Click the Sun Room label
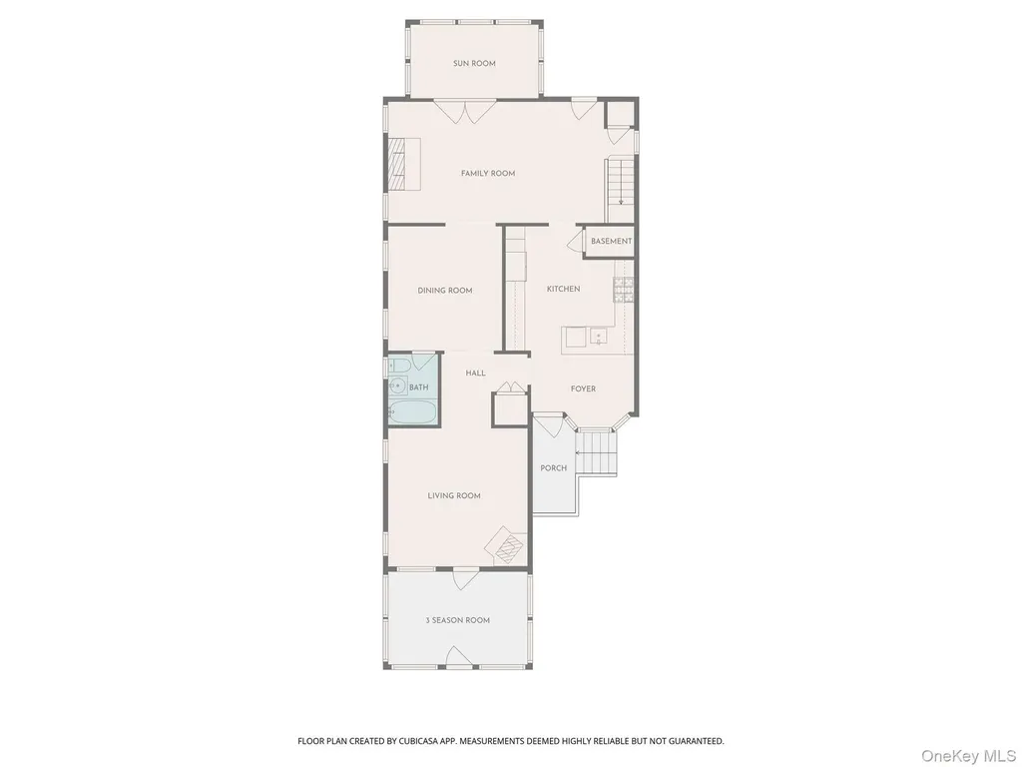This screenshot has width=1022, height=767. pyautogui.click(x=474, y=63)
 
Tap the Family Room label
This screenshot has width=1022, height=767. pyautogui.click(x=487, y=173)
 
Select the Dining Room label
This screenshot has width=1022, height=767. pyautogui.click(x=445, y=291)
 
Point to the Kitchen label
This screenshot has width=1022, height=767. pyautogui.click(x=563, y=289)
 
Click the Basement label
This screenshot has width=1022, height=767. pyautogui.click(x=612, y=241)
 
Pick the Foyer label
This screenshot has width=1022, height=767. pyautogui.click(x=583, y=388)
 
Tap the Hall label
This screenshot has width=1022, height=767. pyautogui.click(x=476, y=374)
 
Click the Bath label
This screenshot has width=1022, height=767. pyautogui.click(x=418, y=387)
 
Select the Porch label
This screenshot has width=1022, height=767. pyautogui.click(x=553, y=467)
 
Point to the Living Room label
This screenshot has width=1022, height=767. pyautogui.click(x=454, y=495)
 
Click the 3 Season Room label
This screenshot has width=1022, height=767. pyautogui.click(x=457, y=620)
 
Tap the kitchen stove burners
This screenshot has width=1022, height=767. pyautogui.click(x=623, y=290)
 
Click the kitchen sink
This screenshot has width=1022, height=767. pyautogui.click(x=599, y=337)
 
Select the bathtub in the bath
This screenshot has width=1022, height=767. pyautogui.click(x=411, y=411)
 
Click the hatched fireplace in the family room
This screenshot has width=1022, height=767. pyautogui.click(x=397, y=164)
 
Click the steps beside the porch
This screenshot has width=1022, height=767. pyautogui.click(x=597, y=453)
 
